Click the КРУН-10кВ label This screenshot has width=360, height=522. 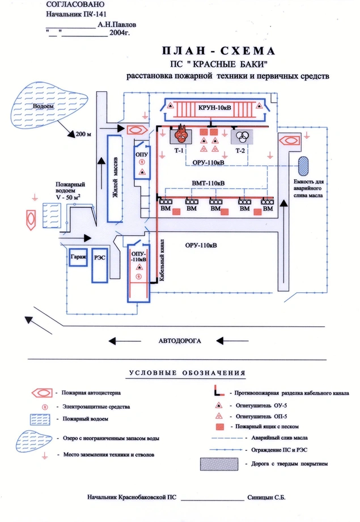(x=213, y=107)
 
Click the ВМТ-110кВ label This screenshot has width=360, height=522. (x=208, y=183)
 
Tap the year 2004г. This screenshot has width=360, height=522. (x=118, y=33)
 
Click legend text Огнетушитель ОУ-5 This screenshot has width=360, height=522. (x=260, y=406)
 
